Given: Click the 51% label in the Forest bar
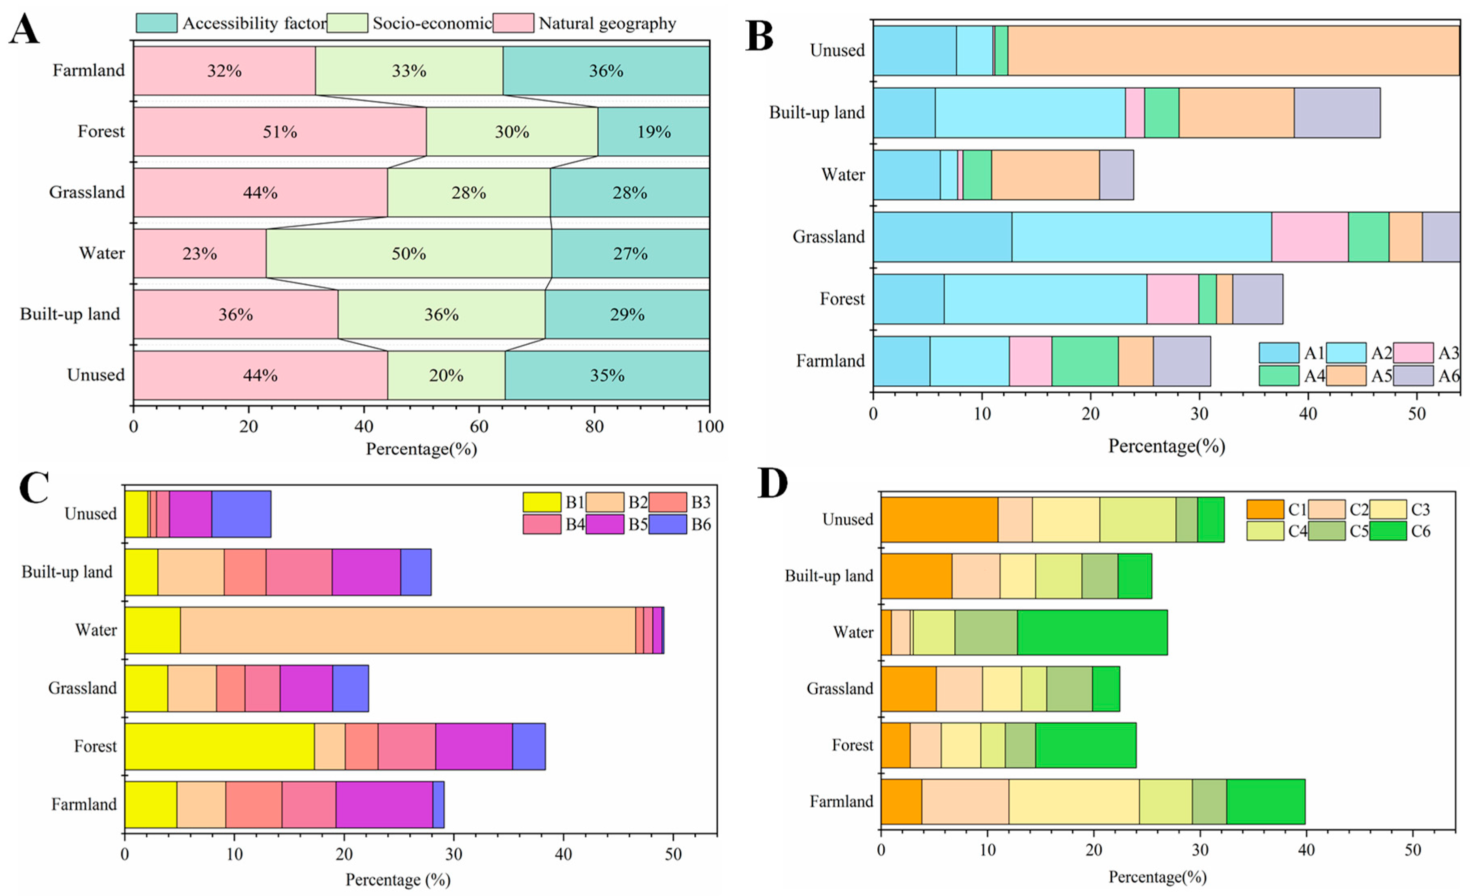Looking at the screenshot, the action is coord(280,132).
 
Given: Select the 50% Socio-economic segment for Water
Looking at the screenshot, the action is coord(408,254).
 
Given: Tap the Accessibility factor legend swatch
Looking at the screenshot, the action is coord(157,23).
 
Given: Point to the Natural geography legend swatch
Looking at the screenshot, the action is coord(513,23).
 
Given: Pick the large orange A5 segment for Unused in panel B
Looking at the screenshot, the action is coord(1234,50).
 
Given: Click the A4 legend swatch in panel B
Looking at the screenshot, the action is coord(1278,375).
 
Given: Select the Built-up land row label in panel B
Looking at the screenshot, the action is coord(817,112).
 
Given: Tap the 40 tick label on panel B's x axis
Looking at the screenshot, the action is coord(1308,414).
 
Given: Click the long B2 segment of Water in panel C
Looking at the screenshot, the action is coord(408,630).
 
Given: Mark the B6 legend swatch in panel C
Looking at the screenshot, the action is coord(667,524).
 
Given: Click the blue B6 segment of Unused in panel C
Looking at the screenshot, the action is coord(241,514).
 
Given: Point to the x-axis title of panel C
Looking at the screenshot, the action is coord(398,879).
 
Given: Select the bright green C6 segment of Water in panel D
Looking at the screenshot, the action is coord(1092,632).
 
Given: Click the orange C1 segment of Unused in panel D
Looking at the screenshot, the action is coord(940,519).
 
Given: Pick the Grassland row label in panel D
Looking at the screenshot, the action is coord(840,689).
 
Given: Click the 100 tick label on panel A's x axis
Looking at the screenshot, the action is coord(710,426).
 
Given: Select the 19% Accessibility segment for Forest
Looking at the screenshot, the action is coord(653,132).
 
